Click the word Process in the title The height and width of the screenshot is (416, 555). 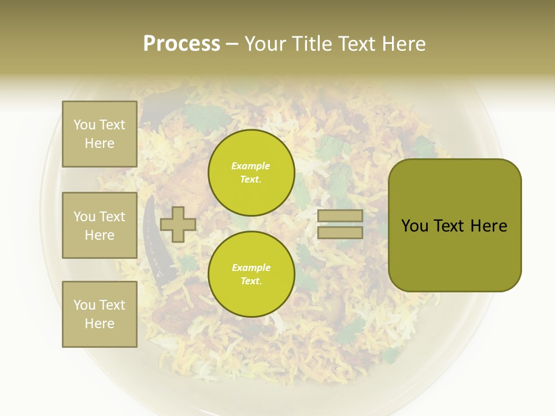click(182, 44)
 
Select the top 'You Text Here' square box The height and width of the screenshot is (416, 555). click(99, 134)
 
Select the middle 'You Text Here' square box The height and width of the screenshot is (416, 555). click(99, 225)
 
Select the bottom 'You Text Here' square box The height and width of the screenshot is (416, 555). click(99, 314)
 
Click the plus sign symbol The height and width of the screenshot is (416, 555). click(177, 224)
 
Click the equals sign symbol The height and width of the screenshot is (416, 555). click(340, 224)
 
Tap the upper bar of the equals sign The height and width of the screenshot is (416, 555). click(340, 216)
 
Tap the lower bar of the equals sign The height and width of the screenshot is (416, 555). click(340, 232)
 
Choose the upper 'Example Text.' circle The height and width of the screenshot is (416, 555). click(251, 173)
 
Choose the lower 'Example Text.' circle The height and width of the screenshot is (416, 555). click(251, 274)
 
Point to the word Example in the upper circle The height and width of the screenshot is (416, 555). click(251, 166)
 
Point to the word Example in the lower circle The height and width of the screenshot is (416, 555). click(251, 268)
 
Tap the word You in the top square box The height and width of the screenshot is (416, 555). click(84, 125)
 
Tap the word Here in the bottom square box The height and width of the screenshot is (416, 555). click(99, 324)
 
